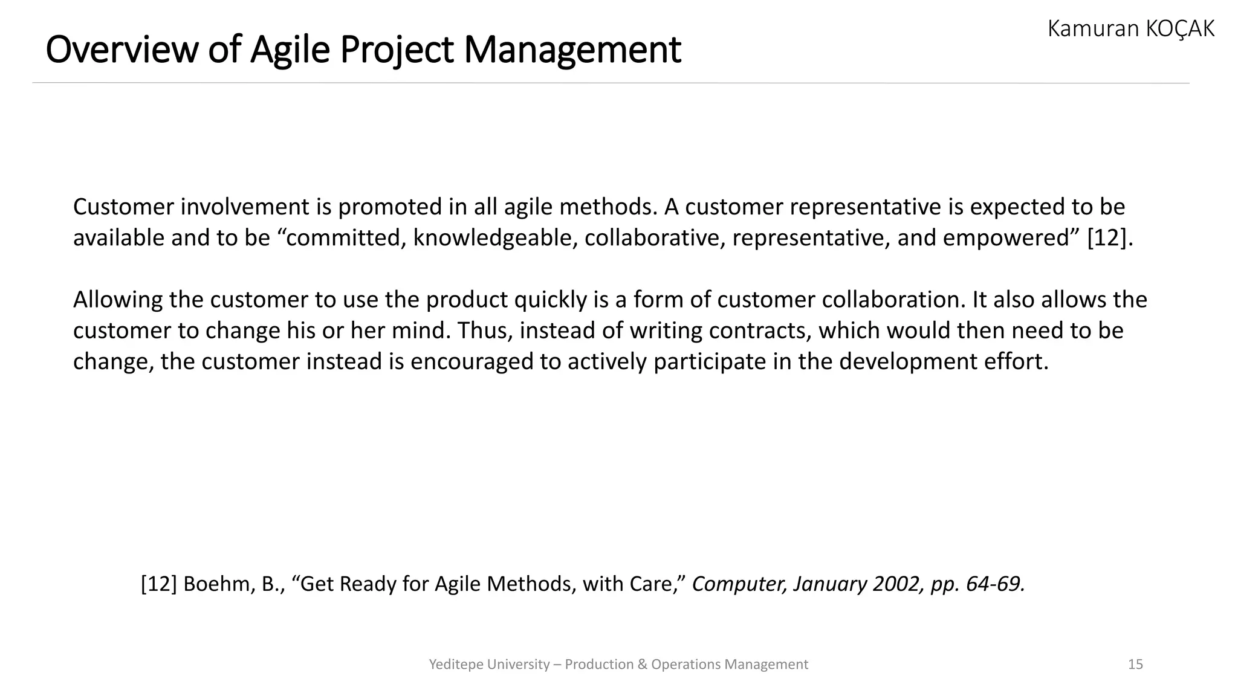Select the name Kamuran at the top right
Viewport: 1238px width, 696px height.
pyautogui.click(x=1091, y=28)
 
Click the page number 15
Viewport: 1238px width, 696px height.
pyautogui.click(x=1135, y=664)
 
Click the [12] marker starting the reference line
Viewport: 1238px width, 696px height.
pyautogui.click(x=159, y=584)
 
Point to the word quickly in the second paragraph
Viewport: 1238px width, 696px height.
pyautogui.click(x=550, y=300)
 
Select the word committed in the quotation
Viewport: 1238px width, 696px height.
pyautogui.click(x=344, y=238)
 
